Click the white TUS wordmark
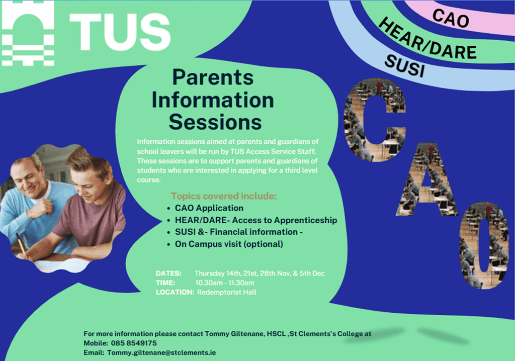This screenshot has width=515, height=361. pos(120,32)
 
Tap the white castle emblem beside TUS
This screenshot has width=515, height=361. pos(28,33)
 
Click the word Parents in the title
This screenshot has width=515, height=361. pos(213,77)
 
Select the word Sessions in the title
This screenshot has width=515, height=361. pos(215,122)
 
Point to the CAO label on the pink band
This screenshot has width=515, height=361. pos(451,19)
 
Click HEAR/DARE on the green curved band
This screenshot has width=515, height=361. pos(427,39)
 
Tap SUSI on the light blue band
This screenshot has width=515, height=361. pos(405,66)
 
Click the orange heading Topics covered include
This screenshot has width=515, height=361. pos(224,196)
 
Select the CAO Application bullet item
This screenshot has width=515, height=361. pos(209,208)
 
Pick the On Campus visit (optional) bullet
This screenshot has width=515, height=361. pos(229,244)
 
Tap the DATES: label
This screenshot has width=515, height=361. pos(168,274)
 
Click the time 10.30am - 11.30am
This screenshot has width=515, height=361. pos(225,283)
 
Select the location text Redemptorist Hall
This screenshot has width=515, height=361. pos(227,292)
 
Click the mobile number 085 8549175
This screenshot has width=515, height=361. pos(134,343)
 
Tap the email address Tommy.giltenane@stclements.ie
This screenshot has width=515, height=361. pos(161,353)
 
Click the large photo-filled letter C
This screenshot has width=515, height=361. pos(374,120)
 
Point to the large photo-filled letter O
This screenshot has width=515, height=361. pos(484,245)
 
